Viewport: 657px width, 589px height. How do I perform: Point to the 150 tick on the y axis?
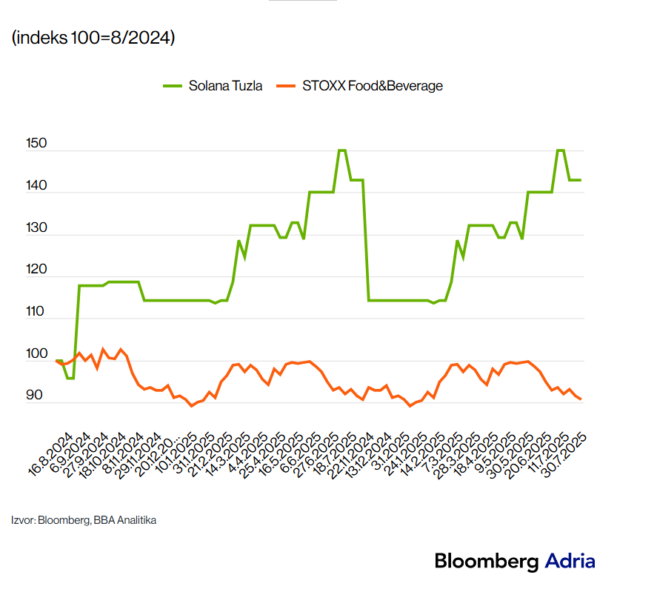coord(36,144)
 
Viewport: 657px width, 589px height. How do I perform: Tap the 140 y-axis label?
coord(36,186)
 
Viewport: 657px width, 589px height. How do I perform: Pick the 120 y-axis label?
coord(36,270)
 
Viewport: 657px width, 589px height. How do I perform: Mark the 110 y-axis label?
coord(36,313)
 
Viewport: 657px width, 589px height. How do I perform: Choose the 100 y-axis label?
coord(36,355)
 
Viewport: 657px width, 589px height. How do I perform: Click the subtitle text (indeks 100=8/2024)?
coord(93,38)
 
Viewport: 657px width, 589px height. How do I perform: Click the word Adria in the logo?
coord(570,561)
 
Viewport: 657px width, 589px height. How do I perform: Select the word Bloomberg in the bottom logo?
coord(487,562)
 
